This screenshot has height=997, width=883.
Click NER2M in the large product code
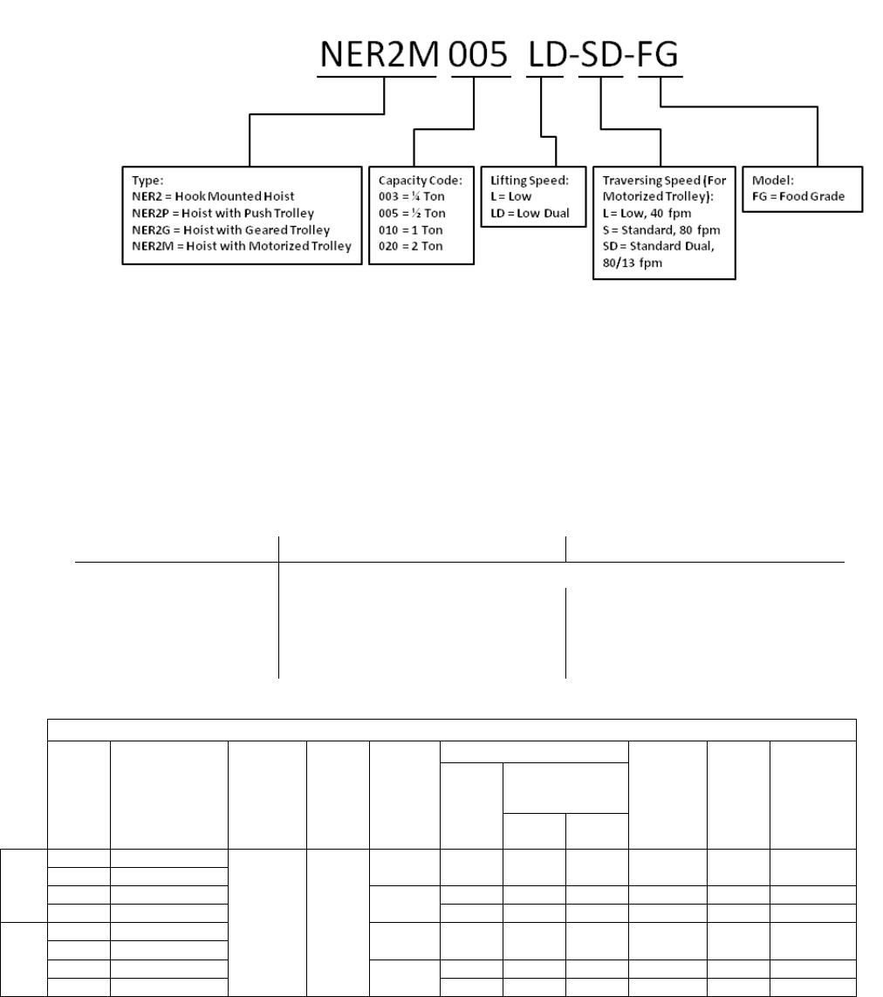click(x=376, y=56)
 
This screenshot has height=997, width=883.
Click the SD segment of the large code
click(x=605, y=56)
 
